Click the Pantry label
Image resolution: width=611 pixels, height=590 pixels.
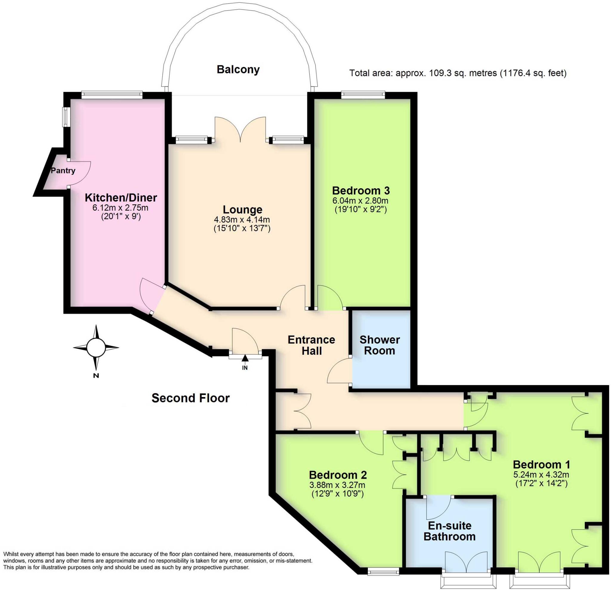pyautogui.click(x=63, y=171)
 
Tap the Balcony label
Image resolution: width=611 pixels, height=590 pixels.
pyautogui.click(x=238, y=69)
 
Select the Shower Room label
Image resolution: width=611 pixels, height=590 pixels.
pyautogui.click(x=379, y=345)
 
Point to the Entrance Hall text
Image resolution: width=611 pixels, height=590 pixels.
pyautogui.click(x=311, y=345)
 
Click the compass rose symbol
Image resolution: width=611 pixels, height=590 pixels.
pyautogui.click(x=96, y=347)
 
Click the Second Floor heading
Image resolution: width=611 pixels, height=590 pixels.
pyautogui.click(x=190, y=398)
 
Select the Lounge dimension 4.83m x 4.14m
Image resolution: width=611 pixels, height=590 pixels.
pyautogui.click(x=242, y=220)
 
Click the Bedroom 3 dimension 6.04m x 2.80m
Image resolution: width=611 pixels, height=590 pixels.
pyautogui.click(x=360, y=200)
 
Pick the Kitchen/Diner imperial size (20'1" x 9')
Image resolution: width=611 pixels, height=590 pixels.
pyautogui.click(x=121, y=216)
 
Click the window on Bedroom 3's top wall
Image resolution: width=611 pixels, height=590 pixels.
pyautogui.click(x=363, y=95)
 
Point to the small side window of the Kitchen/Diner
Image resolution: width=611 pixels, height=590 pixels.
pyautogui.click(x=66, y=117)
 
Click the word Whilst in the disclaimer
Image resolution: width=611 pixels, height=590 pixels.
pyautogui.click(x=11, y=554)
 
